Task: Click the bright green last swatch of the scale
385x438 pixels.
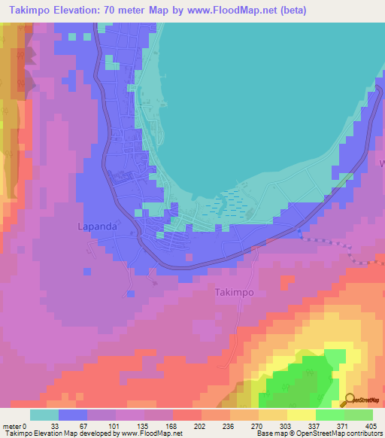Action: point(359,415)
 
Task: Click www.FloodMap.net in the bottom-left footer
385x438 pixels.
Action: point(150,433)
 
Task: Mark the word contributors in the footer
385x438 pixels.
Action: point(367,433)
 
